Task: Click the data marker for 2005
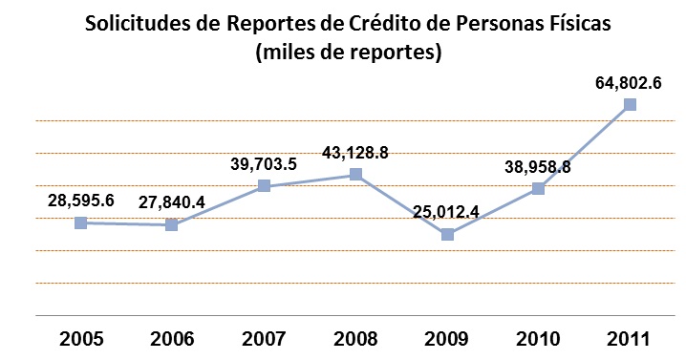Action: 81,222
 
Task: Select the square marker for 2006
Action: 172,225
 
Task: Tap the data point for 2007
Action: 264,185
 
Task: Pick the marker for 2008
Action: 355,175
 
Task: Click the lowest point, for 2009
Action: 447,234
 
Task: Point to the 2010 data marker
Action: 538,188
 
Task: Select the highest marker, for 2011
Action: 630,105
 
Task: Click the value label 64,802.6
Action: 628,83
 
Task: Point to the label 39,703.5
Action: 264,163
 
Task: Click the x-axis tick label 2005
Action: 81,339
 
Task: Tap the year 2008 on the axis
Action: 355,339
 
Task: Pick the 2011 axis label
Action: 630,339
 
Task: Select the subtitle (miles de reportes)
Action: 348,53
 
